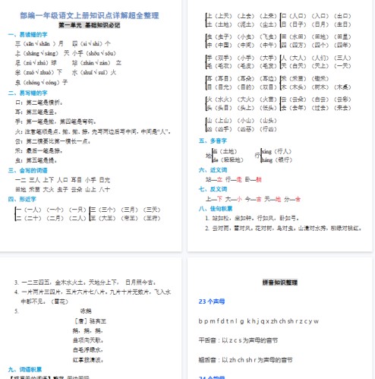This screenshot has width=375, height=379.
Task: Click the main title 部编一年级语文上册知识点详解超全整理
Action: (92, 14)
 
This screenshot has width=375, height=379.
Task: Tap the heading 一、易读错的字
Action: (28, 34)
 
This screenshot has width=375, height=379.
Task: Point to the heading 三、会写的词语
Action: (28, 170)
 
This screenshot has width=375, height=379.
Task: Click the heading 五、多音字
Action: (213, 141)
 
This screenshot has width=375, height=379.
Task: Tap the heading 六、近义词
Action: (213, 171)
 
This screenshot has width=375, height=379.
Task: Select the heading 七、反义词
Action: (213, 188)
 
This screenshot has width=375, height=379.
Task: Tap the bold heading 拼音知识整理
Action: (279, 282)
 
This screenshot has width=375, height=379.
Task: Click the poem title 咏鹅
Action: (85, 310)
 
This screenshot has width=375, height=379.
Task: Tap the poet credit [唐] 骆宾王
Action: (85, 321)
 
